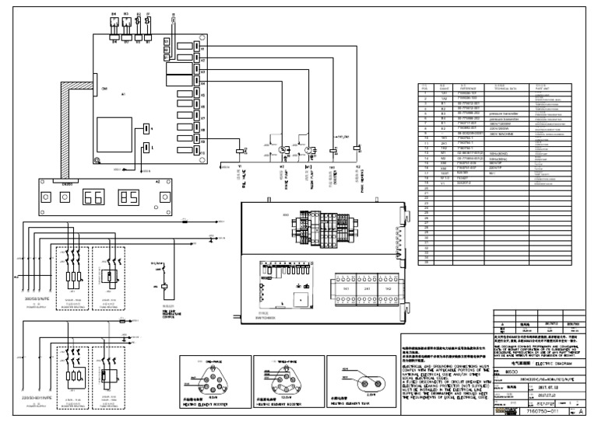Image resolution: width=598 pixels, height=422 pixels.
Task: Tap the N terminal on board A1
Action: [146, 129]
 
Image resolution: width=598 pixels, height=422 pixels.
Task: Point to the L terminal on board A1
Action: [146, 146]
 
